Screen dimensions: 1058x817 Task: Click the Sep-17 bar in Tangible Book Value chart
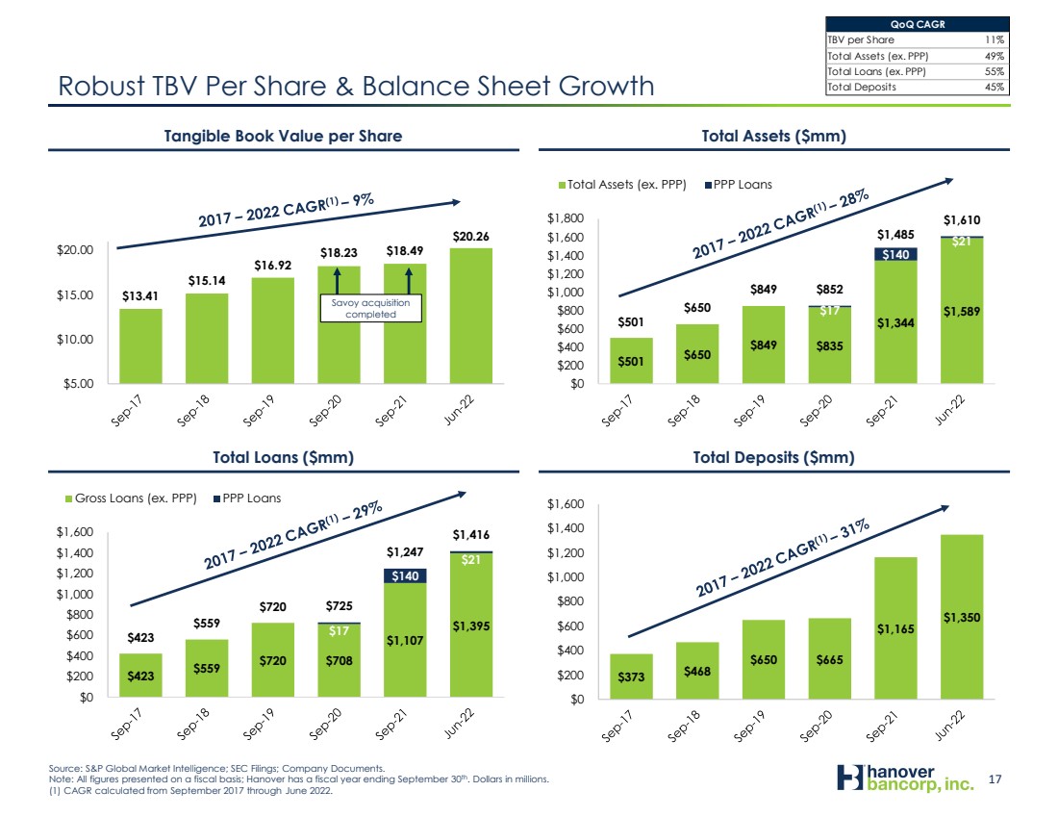click(140, 345)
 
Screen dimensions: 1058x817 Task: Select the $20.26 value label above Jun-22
click(471, 237)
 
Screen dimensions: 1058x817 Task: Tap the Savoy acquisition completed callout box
click(370, 308)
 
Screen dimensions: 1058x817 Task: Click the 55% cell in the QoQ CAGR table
click(994, 71)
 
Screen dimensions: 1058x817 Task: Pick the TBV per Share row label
click(860, 39)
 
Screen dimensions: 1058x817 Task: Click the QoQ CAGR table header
click(918, 24)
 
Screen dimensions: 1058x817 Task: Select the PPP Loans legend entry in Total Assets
click(738, 185)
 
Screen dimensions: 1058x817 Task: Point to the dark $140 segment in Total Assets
click(895, 255)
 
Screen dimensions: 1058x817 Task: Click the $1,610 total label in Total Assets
click(962, 220)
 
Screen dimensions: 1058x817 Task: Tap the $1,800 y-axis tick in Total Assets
click(566, 218)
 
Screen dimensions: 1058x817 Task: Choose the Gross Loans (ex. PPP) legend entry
click(131, 498)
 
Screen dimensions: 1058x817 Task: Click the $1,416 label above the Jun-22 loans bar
click(471, 535)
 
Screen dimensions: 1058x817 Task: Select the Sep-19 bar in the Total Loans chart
click(272, 660)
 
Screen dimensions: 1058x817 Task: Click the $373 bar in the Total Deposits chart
click(631, 677)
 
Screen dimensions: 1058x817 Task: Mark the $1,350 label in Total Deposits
click(962, 617)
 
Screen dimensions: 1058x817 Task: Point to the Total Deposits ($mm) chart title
click(774, 457)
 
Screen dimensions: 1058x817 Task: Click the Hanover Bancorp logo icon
click(850, 778)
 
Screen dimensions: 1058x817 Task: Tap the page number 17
click(995, 779)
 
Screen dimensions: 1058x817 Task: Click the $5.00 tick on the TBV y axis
click(78, 384)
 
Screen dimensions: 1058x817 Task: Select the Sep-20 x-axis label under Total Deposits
click(815, 726)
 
